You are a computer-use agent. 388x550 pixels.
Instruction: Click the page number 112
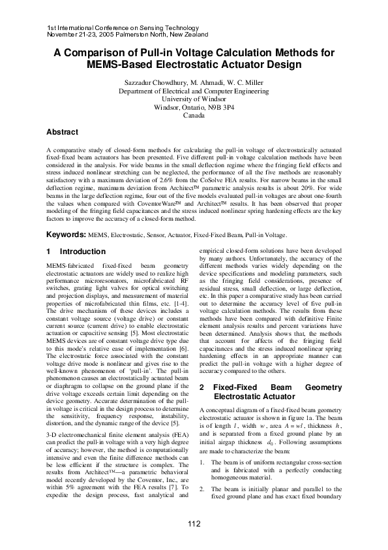coord(194,525)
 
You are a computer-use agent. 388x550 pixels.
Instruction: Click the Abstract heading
coord(66,132)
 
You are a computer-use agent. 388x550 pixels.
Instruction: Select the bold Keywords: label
coord(67,234)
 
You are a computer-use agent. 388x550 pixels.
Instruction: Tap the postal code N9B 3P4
coord(220,106)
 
